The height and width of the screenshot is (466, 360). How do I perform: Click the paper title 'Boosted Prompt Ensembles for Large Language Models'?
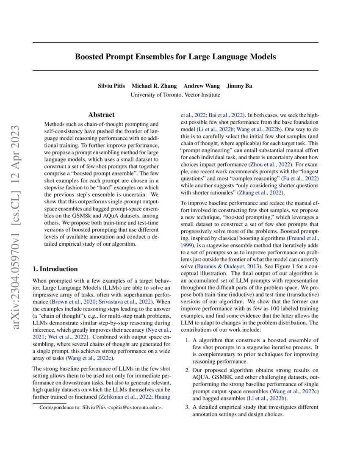pos(175,56)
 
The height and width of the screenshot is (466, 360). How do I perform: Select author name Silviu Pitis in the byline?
pos(112,86)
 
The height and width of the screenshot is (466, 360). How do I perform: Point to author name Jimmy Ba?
pos(239,86)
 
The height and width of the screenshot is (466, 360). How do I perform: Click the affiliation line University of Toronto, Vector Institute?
pos(175,95)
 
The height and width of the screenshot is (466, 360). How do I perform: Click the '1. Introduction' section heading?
pos(55,269)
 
